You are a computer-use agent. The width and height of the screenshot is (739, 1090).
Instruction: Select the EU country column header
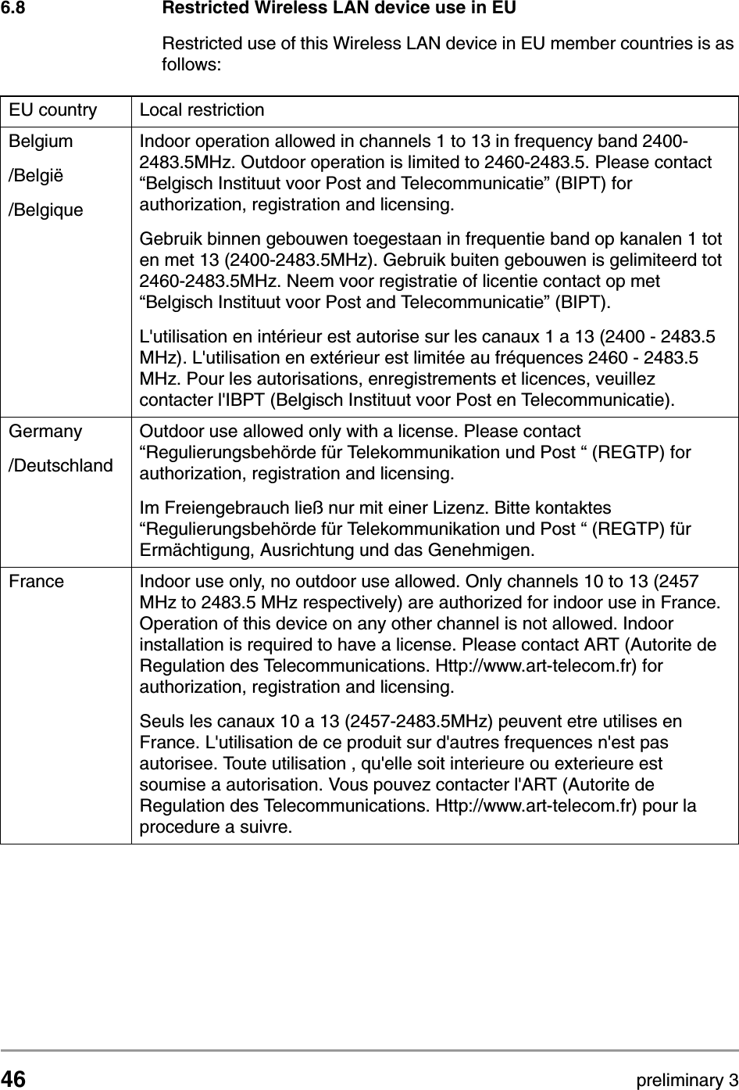coord(53,110)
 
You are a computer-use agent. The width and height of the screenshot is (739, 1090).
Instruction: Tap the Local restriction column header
coord(202,110)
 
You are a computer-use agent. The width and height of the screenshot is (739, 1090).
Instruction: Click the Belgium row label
coord(41,142)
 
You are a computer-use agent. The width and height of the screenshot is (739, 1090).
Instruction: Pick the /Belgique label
coord(46,210)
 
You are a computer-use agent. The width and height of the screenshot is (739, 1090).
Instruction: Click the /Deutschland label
coord(60,466)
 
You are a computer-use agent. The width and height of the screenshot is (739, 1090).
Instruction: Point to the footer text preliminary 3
coord(687,1081)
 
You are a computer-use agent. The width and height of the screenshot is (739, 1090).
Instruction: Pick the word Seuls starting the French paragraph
coord(159,720)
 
